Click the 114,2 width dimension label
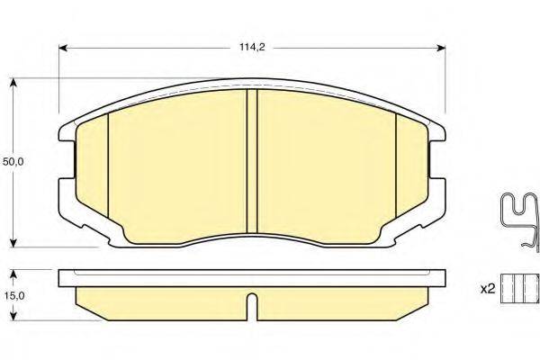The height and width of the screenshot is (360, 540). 252,47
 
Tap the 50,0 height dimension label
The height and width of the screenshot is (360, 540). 13,162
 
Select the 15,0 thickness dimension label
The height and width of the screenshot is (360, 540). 13,295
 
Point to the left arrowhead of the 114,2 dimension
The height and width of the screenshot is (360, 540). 63,48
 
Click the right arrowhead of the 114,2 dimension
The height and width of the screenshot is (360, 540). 442,48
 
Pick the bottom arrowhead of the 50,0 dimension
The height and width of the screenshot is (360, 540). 13,243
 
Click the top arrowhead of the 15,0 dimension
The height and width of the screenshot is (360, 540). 13,274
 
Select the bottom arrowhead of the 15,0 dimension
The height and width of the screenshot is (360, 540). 13,317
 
